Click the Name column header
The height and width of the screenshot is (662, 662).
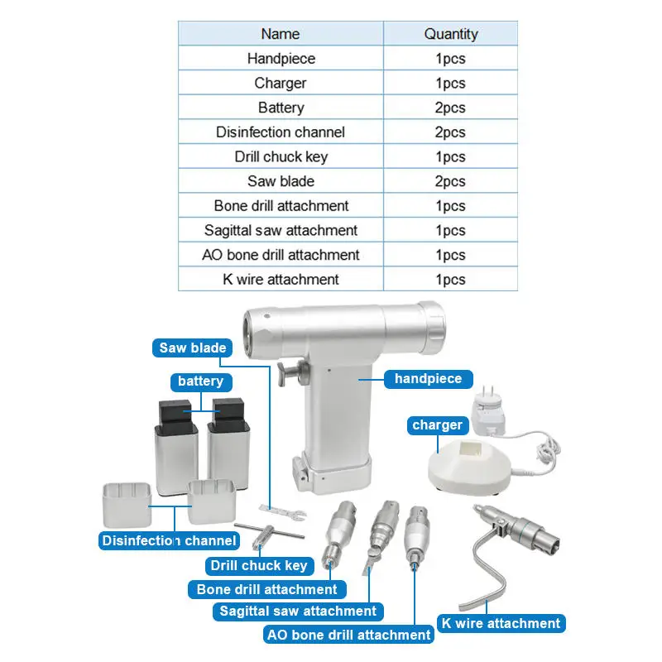(281, 34)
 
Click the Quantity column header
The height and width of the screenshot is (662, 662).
(451, 34)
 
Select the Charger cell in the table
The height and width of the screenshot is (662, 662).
(281, 83)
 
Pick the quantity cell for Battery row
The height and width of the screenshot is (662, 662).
(451, 108)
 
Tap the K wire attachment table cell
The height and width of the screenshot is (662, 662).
(281, 280)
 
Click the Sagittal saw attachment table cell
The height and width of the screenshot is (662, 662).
(281, 230)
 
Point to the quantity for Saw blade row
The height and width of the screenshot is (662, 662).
(451, 181)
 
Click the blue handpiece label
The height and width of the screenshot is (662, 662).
(428, 379)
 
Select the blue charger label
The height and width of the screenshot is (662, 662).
(437, 425)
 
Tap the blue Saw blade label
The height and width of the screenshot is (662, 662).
(192, 348)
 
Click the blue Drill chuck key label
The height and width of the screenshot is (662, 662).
(258, 566)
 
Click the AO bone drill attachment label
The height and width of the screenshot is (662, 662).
(348, 635)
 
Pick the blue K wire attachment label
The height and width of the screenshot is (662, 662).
(501, 623)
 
